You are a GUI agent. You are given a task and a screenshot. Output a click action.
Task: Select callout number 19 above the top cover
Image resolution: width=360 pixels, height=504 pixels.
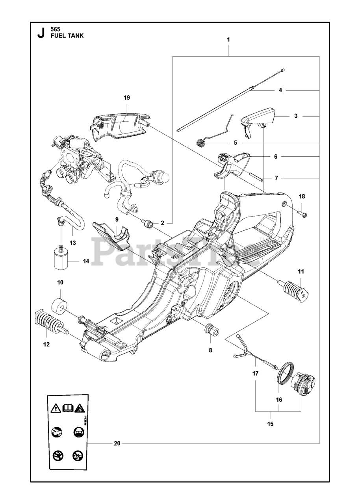pos(126,98)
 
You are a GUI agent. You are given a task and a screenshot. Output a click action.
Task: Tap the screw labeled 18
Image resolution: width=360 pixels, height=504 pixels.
pos(303,214)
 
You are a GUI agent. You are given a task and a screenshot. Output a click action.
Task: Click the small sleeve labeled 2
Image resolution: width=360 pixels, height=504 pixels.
pos(149,224)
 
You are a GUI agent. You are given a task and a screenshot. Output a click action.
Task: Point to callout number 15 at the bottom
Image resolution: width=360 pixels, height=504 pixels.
pos(270,424)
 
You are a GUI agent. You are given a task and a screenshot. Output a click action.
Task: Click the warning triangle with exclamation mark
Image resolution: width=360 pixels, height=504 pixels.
pos(56,408)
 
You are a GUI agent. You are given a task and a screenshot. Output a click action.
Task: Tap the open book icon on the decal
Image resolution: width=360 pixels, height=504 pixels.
pos(67,408)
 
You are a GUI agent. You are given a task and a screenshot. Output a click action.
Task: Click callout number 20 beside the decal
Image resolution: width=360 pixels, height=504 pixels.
pos(117,444)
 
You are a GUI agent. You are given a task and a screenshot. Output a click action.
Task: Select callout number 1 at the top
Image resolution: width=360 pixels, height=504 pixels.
pos(228,39)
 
